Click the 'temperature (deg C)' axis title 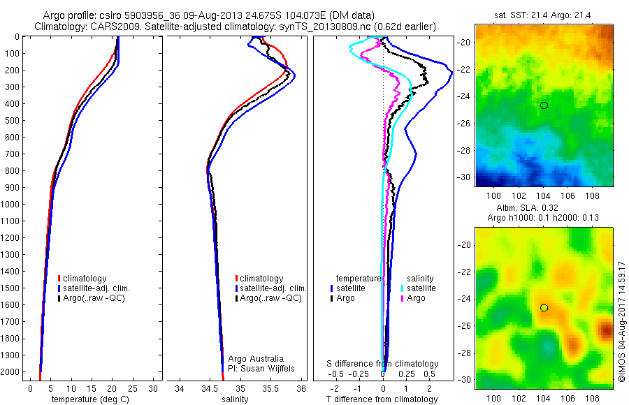pos(87,399)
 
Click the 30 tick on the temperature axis pos(154,388)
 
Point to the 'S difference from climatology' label pos(383,364)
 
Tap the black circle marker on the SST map pos(544,105)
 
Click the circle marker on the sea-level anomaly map pos(544,308)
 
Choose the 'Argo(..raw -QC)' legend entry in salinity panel pos(270,298)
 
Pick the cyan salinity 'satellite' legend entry pos(420,288)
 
